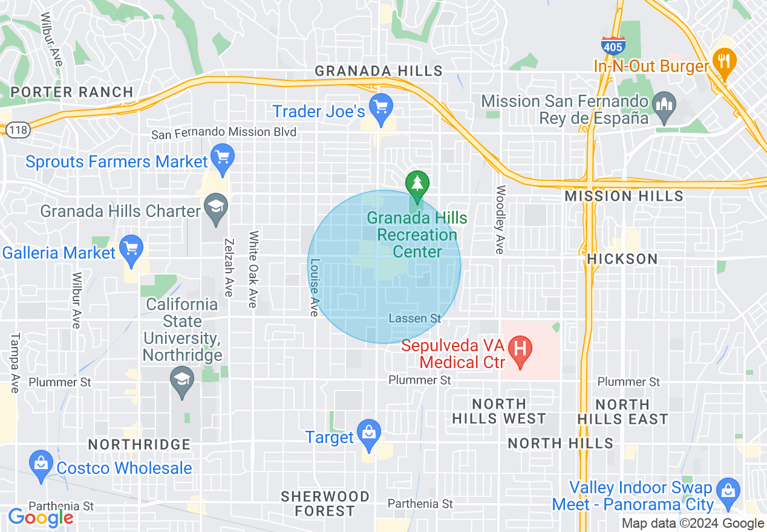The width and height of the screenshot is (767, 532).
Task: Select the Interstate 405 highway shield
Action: (x=613, y=45)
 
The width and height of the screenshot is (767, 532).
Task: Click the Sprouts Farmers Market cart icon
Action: (x=223, y=158)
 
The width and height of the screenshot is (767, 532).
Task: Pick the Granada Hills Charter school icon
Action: (x=216, y=207)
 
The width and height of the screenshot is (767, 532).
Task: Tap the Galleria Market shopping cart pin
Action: (x=131, y=249)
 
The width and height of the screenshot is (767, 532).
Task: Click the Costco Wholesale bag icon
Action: (x=41, y=464)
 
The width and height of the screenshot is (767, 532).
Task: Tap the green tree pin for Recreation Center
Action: (x=417, y=183)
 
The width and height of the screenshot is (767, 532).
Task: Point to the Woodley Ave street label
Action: (x=500, y=219)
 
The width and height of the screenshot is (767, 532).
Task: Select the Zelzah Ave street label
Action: (x=228, y=267)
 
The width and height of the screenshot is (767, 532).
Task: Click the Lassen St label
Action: (x=415, y=318)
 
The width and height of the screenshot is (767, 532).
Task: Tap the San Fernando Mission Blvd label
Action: (x=224, y=132)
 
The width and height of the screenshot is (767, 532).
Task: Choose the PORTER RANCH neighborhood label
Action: (x=72, y=92)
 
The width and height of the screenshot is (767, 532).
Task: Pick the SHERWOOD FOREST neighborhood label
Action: (x=325, y=504)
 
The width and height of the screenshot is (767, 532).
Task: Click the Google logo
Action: (x=41, y=517)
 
